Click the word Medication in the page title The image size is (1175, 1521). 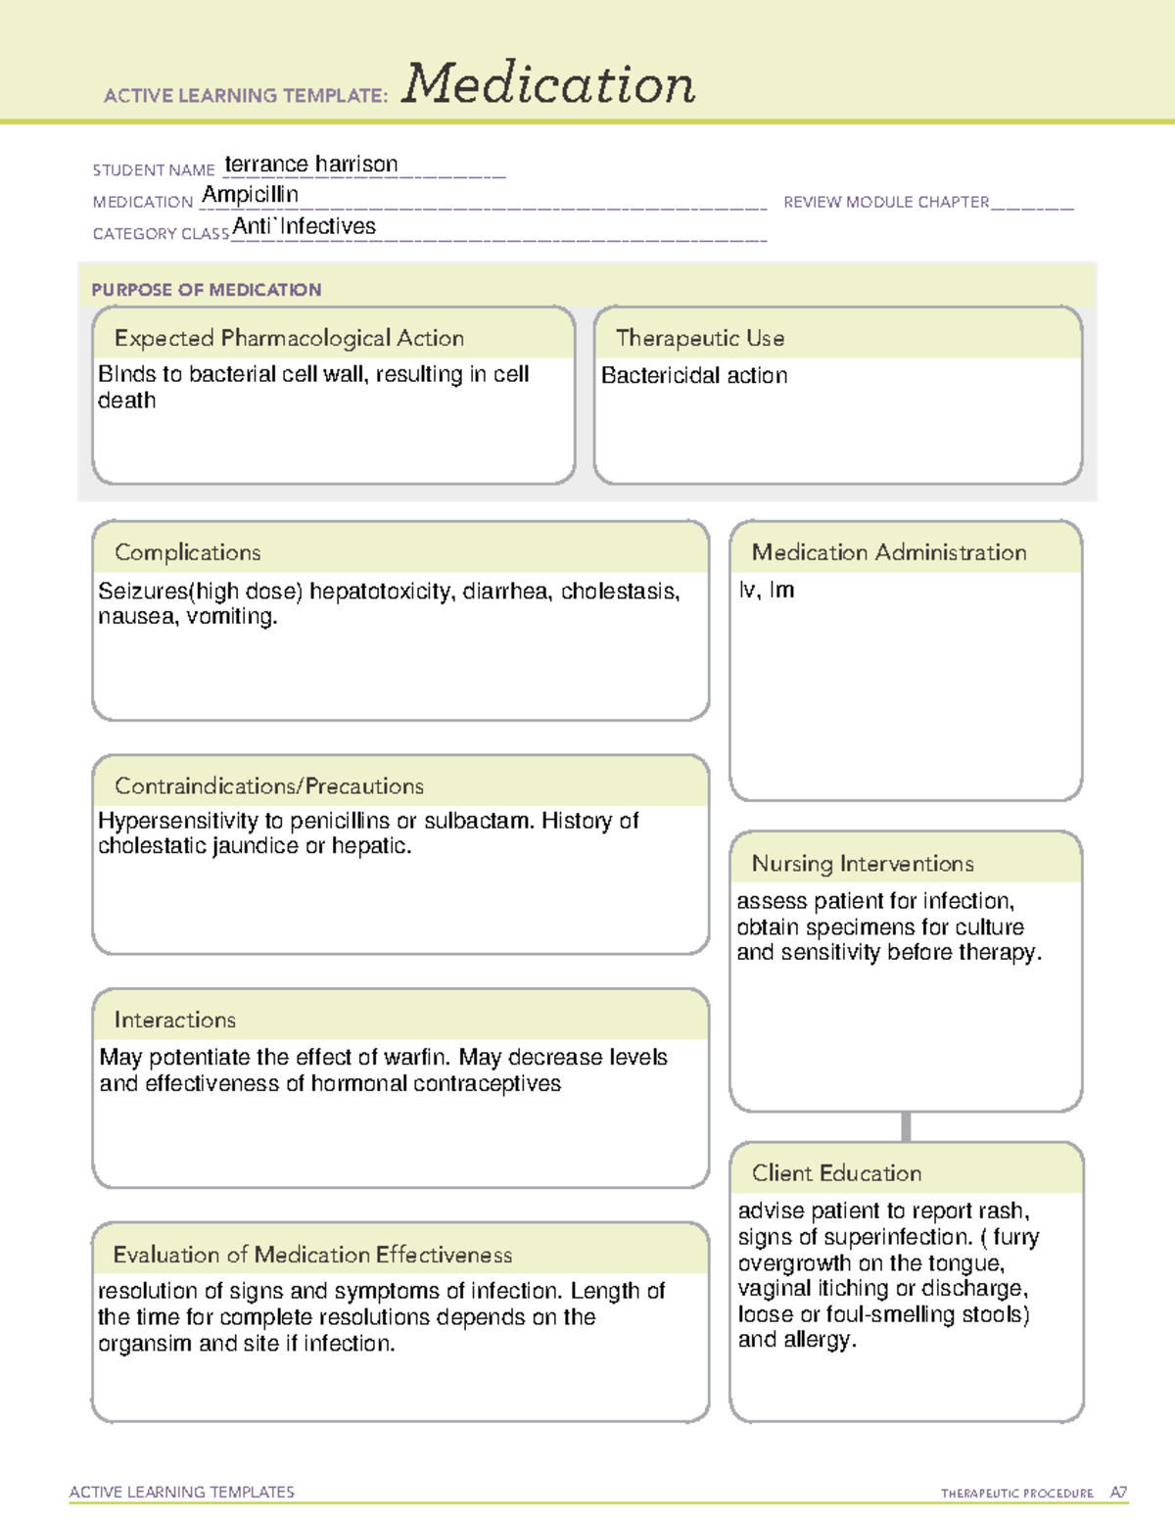coord(548,84)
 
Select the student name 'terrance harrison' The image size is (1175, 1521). coord(311,165)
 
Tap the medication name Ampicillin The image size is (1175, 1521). coord(250,195)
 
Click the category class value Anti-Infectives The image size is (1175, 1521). coord(305,226)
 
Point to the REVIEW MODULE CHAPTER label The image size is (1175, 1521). coord(886,202)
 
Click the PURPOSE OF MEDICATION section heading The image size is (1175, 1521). coord(207,290)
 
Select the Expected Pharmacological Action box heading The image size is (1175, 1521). coord(289,338)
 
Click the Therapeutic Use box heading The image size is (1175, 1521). coord(700,338)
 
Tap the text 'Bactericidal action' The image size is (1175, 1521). coord(694,376)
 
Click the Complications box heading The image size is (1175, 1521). coord(188,552)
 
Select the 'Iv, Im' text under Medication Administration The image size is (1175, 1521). coord(767,591)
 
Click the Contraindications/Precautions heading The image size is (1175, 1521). coord(269,786)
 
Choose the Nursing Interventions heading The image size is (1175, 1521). coord(863,864)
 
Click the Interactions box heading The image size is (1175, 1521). coord(175,1021)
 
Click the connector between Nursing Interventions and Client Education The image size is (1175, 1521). coord(906,1127)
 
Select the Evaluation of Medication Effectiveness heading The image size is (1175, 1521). coord(312,1255)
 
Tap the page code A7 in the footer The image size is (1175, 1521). coord(1117,1493)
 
